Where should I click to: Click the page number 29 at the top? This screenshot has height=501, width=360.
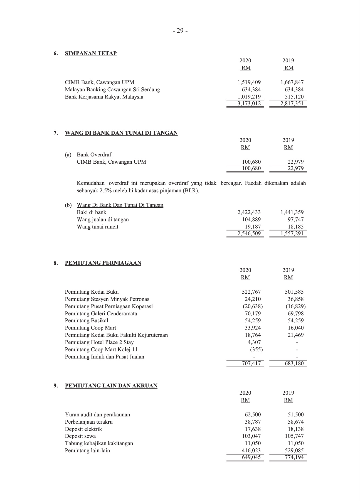(180, 31)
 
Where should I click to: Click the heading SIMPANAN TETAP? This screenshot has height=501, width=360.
(91, 53)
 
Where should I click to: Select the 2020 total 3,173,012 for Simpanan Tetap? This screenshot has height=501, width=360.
(249, 104)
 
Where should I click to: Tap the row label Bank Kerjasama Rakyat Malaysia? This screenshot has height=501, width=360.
(104, 97)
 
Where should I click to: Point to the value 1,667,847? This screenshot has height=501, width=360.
(292, 82)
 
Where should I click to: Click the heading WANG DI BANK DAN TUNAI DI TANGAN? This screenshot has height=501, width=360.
(121, 133)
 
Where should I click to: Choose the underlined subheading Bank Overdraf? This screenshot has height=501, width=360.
(94, 155)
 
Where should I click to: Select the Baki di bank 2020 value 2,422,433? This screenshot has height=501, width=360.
(249, 212)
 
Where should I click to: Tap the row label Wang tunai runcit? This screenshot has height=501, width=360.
(97, 227)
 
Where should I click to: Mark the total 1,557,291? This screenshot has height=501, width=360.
(292, 234)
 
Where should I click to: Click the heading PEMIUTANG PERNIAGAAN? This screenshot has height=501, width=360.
(103, 263)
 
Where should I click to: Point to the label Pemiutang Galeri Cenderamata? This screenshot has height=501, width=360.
(101, 314)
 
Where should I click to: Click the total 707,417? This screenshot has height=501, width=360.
(251, 364)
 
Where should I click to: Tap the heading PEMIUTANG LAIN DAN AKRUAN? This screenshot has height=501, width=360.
(111, 386)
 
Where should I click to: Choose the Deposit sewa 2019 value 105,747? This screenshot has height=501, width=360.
(294, 436)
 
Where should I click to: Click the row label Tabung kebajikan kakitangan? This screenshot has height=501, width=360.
(99, 443)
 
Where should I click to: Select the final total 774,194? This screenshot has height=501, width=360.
(294, 457)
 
